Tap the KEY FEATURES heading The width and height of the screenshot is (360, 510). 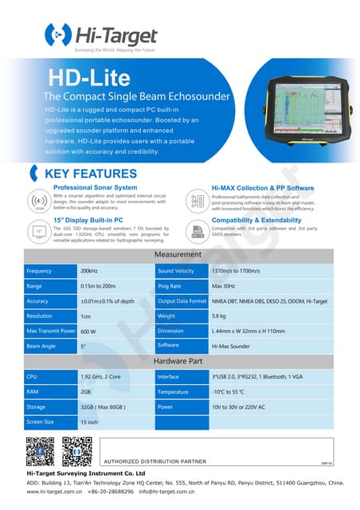(90, 174)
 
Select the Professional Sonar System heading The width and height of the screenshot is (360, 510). (95, 188)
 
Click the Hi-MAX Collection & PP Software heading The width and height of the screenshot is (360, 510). (262, 188)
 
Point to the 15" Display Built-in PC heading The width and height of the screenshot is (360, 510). (88, 218)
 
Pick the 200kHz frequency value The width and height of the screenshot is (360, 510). (89, 272)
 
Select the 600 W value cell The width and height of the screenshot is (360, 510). (88, 331)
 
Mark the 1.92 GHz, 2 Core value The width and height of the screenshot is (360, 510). (101, 377)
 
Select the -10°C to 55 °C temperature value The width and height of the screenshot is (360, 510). (234, 392)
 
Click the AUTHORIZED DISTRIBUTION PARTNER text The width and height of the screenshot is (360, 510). (154, 461)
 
